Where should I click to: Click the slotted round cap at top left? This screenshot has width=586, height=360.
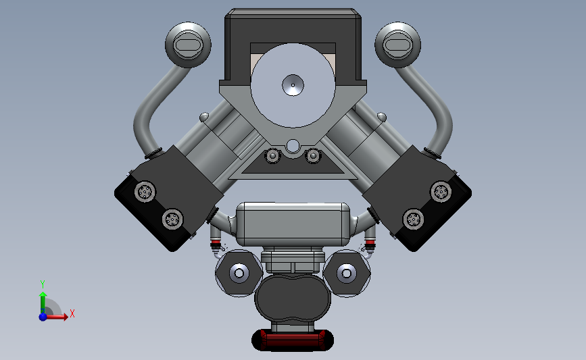188,45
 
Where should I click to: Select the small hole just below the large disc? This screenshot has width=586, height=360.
293,146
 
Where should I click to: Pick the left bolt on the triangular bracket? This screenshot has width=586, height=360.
273,157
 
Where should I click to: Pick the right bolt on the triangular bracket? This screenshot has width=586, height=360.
313,157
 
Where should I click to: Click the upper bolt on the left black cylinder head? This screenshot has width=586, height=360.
145,192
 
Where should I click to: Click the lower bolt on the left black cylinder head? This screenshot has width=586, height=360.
172,218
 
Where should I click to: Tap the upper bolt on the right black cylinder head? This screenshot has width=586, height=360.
441,192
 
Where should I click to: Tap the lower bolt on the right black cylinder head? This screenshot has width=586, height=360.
414,218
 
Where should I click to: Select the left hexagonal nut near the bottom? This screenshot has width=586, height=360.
239,273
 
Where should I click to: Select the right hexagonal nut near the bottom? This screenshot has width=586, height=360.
347,273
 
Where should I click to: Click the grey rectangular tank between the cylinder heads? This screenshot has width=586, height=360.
293,224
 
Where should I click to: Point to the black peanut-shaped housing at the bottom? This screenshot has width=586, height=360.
293,299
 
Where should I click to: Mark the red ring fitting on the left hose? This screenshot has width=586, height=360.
216,242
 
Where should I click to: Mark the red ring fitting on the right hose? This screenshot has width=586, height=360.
370,242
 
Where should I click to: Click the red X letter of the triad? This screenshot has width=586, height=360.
72,313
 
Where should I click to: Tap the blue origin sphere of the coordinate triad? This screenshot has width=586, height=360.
43,316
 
